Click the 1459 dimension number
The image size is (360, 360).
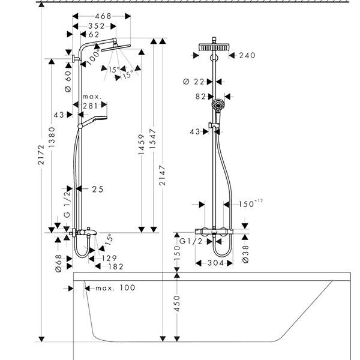142,145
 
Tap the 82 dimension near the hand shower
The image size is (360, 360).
200,96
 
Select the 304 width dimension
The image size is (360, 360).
216,263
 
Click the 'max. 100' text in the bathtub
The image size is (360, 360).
115,288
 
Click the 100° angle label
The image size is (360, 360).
94,56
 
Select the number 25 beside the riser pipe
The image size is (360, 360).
98,189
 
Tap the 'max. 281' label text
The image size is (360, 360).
91,101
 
